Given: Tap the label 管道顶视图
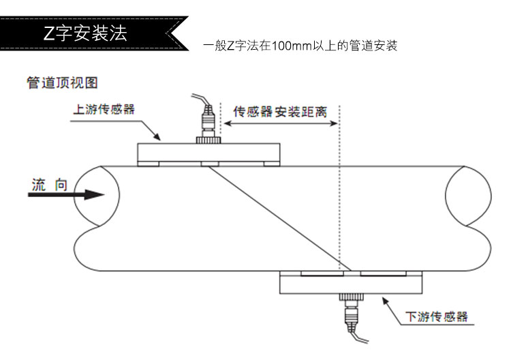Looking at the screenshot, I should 62,82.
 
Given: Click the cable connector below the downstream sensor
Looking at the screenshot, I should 352,313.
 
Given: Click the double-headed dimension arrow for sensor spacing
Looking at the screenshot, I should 282,124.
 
